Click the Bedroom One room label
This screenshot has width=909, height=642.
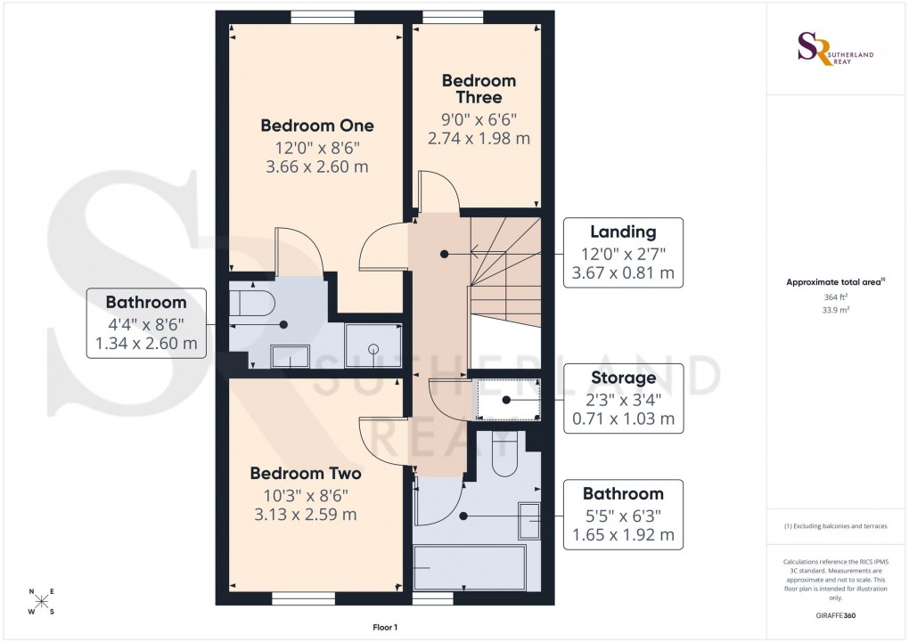pos(316,126)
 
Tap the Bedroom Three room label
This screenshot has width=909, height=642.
pos(479,89)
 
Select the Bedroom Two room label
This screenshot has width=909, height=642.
pos(305,474)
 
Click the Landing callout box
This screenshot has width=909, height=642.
pos(624,253)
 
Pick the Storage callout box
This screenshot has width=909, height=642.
pos(624,397)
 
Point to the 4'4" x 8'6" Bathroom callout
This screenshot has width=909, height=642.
pos(146,323)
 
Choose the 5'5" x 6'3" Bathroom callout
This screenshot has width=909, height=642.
pos(623,515)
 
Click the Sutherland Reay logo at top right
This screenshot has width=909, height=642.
pos(835,49)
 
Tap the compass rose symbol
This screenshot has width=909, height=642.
pos(41,601)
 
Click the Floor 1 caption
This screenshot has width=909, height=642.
pos(384,628)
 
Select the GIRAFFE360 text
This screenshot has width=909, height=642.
pos(836,615)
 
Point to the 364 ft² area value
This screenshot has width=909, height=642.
pos(835,297)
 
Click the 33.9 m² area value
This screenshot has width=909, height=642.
pos(835,312)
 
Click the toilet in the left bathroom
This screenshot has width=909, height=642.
pos(250,302)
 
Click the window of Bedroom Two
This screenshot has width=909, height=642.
pos(303,599)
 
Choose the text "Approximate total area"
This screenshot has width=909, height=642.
pos(832,282)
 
